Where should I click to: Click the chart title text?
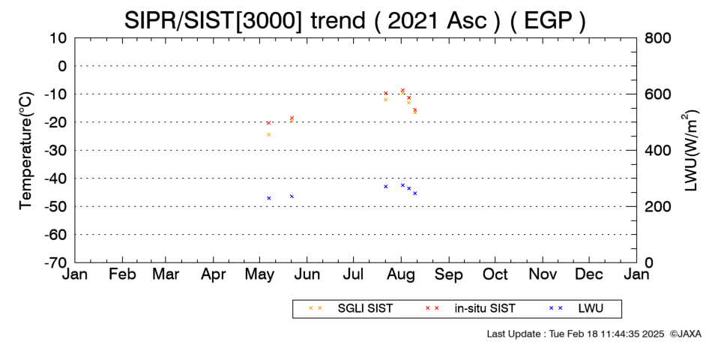click(355, 20)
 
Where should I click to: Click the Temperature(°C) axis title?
click(26, 151)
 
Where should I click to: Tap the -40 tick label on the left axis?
click(55, 178)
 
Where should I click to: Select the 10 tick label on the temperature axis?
click(58, 38)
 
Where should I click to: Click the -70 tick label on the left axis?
click(55, 262)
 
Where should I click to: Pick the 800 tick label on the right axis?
click(658, 38)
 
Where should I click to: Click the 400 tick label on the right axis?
click(658, 151)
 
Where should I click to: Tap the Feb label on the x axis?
click(122, 274)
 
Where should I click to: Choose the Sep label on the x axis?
click(449, 274)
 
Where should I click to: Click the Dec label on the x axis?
click(589, 274)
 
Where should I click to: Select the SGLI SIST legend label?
click(365, 309)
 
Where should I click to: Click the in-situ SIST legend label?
click(485, 309)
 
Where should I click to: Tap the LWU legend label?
click(591, 309)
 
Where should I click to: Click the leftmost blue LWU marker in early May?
click(269, 198)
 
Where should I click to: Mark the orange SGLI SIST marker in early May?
click(268, 134)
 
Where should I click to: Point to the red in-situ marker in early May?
click(268, 123)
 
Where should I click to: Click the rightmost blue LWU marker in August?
click(414, 193)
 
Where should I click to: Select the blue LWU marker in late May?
click(292, 196)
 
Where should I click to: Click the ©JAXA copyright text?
click(685, 334)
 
